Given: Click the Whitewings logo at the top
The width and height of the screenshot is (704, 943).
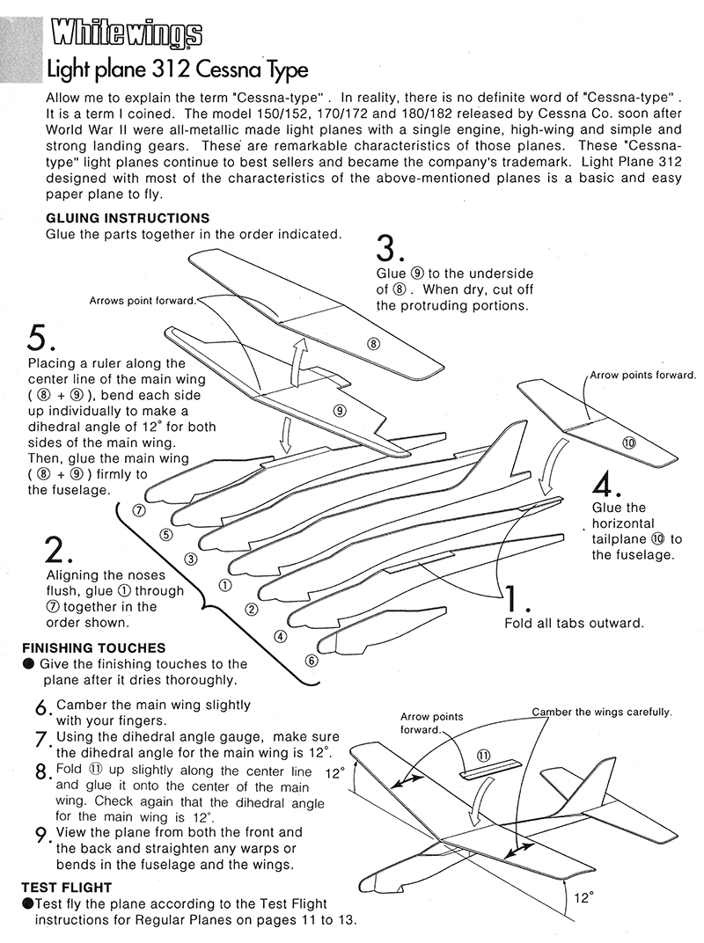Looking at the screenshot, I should pyautogui.click(x=126, y=34).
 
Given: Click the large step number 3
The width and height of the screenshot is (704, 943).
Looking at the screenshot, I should pyautogui.click(x=390, y=249).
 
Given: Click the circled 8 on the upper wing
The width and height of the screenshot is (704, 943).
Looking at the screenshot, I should pyautogui.click(x=373, y=344).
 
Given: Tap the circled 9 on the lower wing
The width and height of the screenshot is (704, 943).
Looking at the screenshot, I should pyautogui.click(x=339, y=410).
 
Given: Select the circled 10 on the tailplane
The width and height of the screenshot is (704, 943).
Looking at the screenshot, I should pyautogui.click(x=628, y=442).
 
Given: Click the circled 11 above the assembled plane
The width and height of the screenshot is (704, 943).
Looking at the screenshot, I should pyautogui.click(x=483, y=755).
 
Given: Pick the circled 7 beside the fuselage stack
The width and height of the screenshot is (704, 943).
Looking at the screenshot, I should pyautogui.click(x=138, y=510).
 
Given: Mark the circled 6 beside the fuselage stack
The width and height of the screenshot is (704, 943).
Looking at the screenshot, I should pyautogui.click(x=311, y=661).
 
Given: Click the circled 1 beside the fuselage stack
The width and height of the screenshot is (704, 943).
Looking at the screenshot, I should pyautogui.click(x=224, y=584).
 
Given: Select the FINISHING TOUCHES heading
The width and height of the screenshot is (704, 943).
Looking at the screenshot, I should pyautogui.click(x=93, y=648).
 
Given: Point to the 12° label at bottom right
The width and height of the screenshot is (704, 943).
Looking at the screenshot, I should pyautogui.click(x=583, y=898).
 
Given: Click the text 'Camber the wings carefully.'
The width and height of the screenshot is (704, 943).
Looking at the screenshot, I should pyautogui.click(x=602, y=712).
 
